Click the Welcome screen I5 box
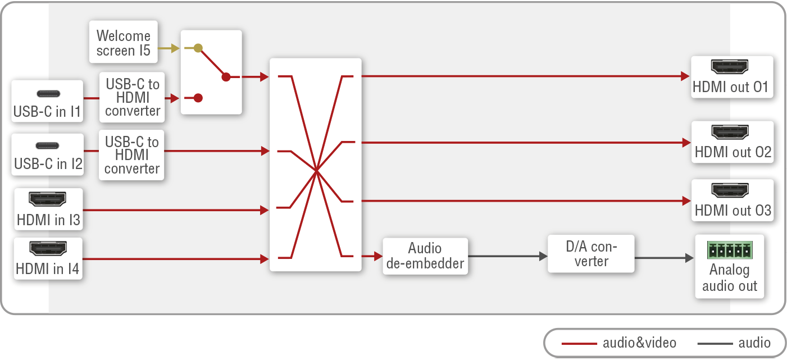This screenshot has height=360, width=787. (124, 42)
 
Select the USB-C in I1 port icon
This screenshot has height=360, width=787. (48, 94)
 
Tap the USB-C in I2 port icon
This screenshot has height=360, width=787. (47, 145)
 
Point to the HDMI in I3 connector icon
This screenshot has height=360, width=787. (47, 199)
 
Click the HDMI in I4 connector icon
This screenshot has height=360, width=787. (48, 248)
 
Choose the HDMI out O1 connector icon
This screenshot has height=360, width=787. (730, 67)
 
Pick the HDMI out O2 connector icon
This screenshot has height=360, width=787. (730, 132)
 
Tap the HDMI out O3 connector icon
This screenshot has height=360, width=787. (730, 190)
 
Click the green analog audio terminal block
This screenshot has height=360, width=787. (730, 250)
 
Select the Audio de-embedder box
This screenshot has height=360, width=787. (425, 256)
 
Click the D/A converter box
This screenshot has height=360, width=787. (591, 254)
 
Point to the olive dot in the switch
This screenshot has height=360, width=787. (198, 48)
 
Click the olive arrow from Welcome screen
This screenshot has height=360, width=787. (169, 48)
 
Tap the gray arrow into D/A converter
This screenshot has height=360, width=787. (508, 257)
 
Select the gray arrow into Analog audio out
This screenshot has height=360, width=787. (664, 258)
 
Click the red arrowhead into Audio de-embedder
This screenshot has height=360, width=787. (379, 257)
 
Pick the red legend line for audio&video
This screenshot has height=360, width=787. (579, 344)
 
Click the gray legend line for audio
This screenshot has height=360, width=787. (715, 344)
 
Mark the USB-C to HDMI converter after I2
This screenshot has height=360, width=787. (132, 155)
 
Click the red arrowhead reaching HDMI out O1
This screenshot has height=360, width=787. (685, 76)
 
